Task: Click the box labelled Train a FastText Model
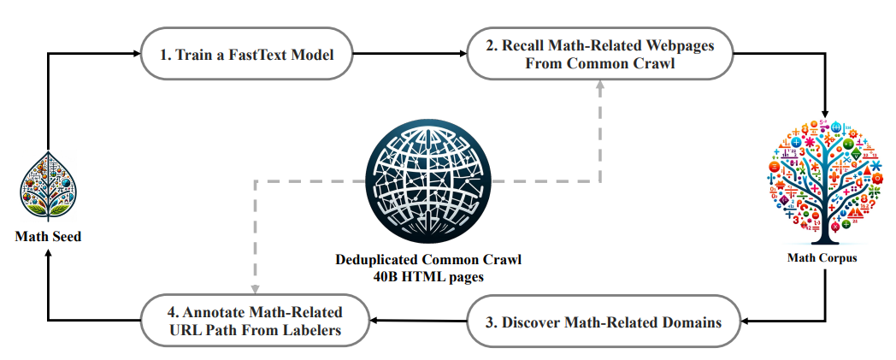[247, 54]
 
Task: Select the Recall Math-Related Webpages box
[600, 54]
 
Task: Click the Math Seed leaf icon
[49, 186]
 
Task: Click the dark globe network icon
[427, 182]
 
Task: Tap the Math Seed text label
[48, 236]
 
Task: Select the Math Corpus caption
[822, 257]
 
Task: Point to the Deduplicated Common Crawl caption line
[428, 260]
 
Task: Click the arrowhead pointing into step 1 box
[135, 54]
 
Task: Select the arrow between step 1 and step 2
[410, 54]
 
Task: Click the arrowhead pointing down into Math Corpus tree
[825, 113]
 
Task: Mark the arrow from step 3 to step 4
[419, 321]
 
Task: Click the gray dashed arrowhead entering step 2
[600, 85]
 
